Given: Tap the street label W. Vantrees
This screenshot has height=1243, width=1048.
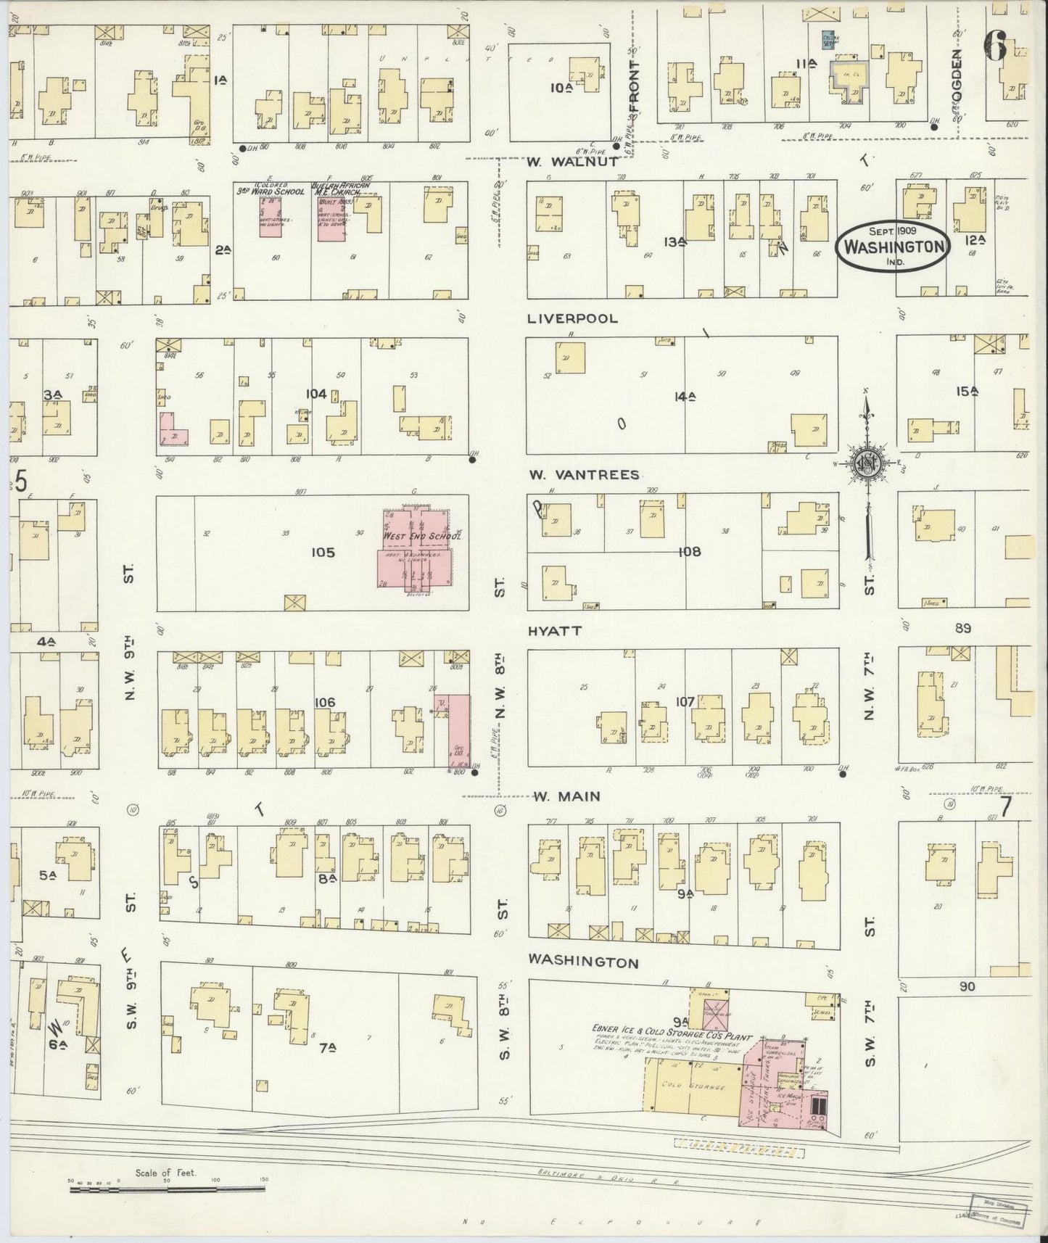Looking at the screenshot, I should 584,475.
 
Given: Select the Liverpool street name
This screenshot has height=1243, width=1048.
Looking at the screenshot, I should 573,318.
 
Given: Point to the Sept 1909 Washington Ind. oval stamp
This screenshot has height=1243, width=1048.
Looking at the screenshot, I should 892,247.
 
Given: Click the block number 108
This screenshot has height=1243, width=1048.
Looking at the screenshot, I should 689,552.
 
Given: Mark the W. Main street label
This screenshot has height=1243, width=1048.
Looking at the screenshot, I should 566,796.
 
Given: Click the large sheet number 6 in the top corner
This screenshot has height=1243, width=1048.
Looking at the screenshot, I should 995,48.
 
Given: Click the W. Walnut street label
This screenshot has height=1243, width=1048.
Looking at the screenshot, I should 573,162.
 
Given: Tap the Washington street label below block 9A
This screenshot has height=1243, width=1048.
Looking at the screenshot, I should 584,962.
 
